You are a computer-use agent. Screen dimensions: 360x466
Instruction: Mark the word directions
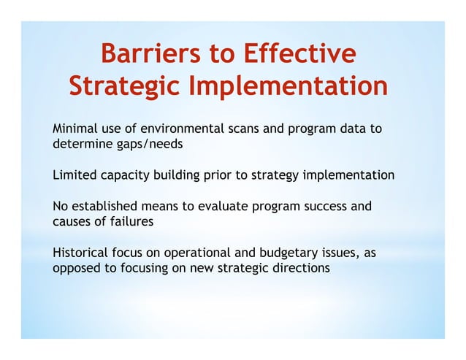pos(301,269)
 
